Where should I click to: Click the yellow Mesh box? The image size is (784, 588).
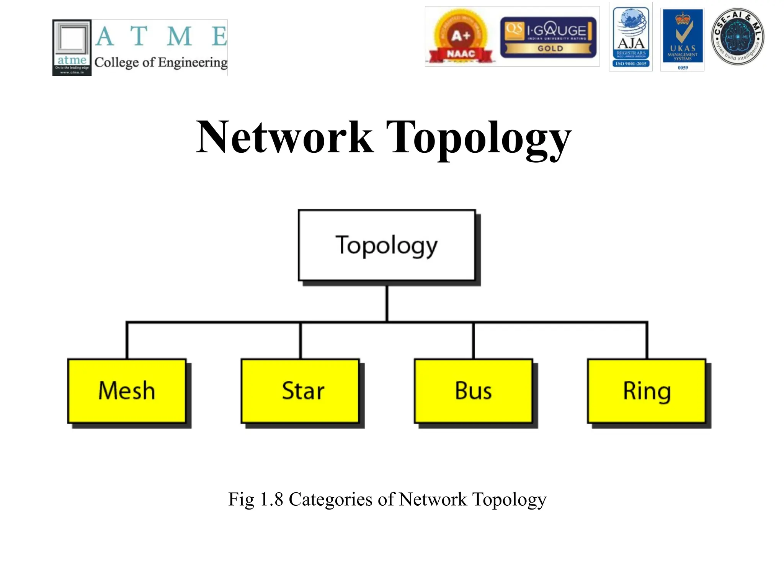coord(127,391)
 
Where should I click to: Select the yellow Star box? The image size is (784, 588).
coord(300,391)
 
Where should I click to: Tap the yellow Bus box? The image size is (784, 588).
coord(473,391)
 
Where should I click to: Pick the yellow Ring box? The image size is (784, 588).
coord(647,391)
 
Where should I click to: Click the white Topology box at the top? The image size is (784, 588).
coord(387,245)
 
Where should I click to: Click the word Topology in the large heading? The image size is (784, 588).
coord(479,138)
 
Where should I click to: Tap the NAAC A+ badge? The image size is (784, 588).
coord(461,37)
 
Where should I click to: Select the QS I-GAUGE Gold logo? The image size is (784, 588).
coord(548,37)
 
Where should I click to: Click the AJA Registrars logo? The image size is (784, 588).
coord(631,37)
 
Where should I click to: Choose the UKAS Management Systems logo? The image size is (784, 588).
coord(683,39)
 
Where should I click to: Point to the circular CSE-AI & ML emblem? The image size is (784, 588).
coord(737,37)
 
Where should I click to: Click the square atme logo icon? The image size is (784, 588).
coord(72,47)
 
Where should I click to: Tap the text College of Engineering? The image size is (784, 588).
coord(161,62)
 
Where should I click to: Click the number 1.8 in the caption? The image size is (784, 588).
coord(271,499)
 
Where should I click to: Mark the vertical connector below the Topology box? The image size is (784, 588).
coord(387,303)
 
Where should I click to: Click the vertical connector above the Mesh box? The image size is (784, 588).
coord(127,341)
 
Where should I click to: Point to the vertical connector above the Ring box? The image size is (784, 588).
coord(647,341)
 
